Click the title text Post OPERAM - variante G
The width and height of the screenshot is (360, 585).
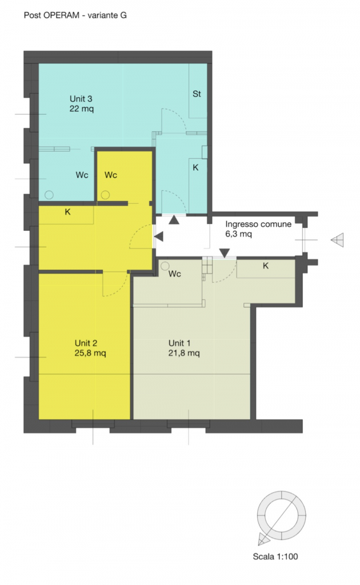pos(75,15)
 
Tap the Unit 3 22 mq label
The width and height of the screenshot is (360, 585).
pos(81,104)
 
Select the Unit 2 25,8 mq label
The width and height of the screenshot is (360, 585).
pos(90,348)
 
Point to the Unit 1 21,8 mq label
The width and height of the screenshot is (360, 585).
pos(184,348)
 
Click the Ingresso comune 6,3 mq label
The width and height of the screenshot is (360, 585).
pos(258,229)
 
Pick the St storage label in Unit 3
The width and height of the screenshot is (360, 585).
pos(197,94)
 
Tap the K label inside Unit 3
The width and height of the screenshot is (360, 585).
pos(195,168)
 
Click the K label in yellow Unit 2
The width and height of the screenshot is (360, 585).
pos(67,212)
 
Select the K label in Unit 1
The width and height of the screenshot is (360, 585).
pos(266,266)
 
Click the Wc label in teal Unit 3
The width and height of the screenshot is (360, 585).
pos(82,175)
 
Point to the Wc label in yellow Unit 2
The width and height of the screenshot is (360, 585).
pos(111,175)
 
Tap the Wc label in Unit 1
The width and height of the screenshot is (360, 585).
pos(175,274)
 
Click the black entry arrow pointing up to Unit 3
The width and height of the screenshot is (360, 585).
pos(174,220)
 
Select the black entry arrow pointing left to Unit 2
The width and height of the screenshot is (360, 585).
pos(158,236)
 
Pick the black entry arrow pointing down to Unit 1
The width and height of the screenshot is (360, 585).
pos(224,253)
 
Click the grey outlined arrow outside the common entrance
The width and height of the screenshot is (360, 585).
pos(337,240)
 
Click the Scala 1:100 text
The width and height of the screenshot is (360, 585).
pos(275,556)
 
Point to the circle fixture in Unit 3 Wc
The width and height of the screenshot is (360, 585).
pos(49,195)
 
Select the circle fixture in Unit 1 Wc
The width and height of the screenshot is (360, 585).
pos(165,266)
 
